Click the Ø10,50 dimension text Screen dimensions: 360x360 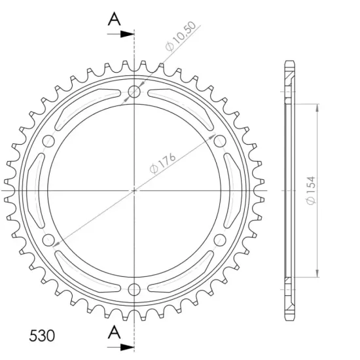pyautogui.click(x=181, y=36)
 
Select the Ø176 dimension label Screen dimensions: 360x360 pyautogui.click(x=162, y=162)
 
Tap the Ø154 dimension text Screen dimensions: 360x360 pyautogui.click(x=311, y=190)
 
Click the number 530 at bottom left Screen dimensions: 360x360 pyautogui.click(x=42, y=336)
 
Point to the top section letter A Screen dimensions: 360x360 pyautogui.click(x=114, y=19)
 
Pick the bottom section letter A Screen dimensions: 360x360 pyautogui.click(x=114, y=333)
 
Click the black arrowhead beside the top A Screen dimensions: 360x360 pyautogui.click(x=128, y=34)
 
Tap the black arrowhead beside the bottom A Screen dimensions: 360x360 pyautogui.click(x=128, y=347)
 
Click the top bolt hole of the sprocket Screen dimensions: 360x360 pyautogui.click(x=134, y=92)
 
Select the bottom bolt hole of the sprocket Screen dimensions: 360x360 pyautogui.click(x=134, y=289)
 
